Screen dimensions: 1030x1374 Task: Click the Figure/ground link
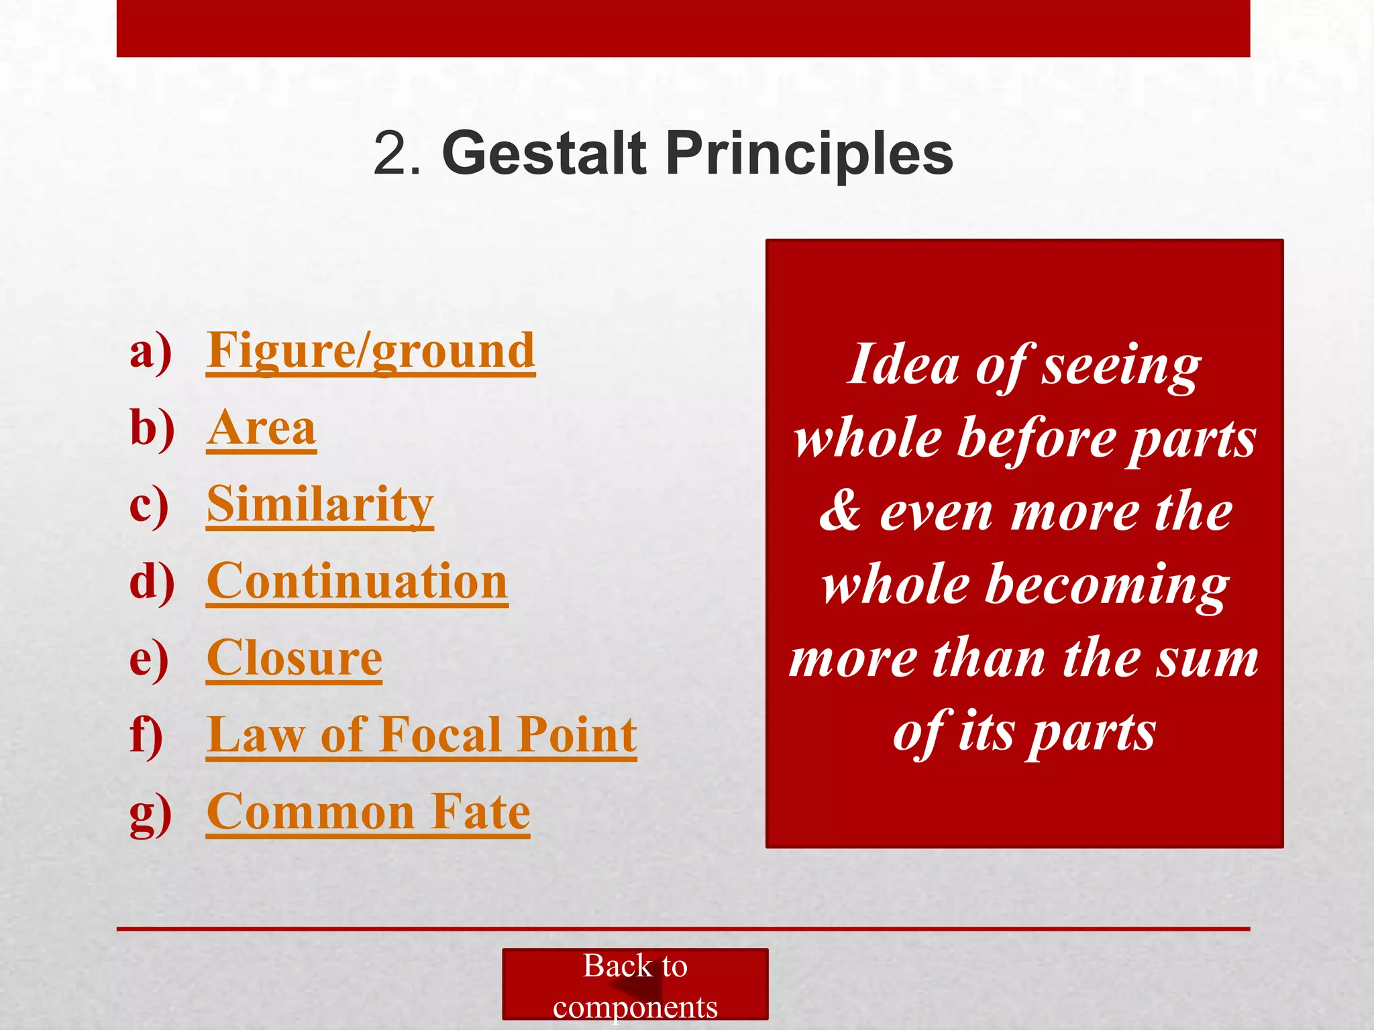click(x=370, y=351)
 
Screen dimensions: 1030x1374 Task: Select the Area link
click(x=261, y=428)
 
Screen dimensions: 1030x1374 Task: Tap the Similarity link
click(x=320, y=505)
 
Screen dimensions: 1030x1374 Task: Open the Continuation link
click(x=357, y=581)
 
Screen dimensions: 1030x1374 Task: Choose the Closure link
click(x=294, y=659)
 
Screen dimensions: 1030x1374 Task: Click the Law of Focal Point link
click(x=421, y=735)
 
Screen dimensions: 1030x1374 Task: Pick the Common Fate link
click(x=368, y=812)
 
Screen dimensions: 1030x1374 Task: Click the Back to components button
click(x=635, y=984)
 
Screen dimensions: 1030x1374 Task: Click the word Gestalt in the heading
click(x=544, y=154)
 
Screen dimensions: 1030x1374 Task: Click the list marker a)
click(x=150, y=351)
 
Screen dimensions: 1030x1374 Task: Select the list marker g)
click(x=150, y=813)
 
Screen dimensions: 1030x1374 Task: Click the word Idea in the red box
click(x=903, y=365)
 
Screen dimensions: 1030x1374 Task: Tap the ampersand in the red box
click(x=840, y=511)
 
